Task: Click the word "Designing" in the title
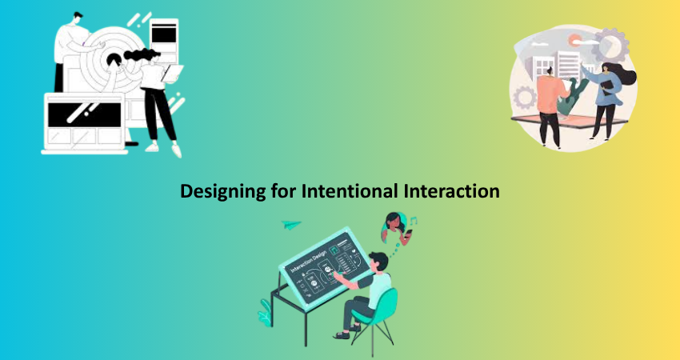point(223,191)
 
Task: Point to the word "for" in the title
point(284,190)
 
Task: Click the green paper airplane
point(291,224)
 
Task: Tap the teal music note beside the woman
point(414,221)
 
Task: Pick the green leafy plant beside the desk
point(265,313)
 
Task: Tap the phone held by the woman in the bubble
point(408,234)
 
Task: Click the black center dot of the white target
point(114,59)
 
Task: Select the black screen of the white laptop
point(84,114)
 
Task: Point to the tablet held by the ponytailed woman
point(172,74)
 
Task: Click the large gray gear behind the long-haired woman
point(610,45)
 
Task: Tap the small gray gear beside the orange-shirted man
point(525,98)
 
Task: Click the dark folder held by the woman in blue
point(607,87)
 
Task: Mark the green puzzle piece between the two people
point(573,96)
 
